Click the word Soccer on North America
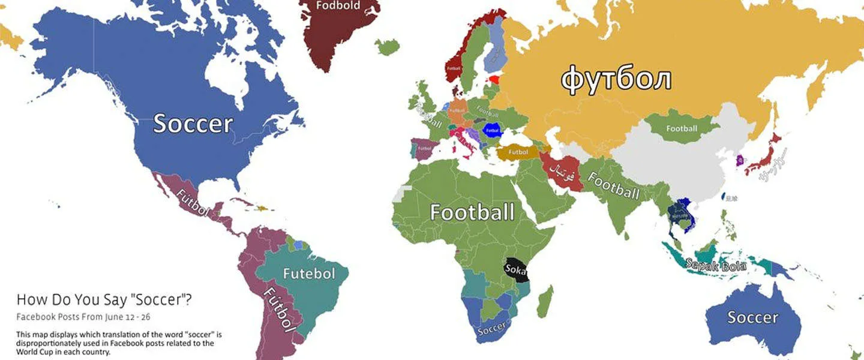(x=193, y=123)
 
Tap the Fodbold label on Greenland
(x=338, y=5)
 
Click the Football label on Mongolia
(x=682, y=128)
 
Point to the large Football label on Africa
(x=472, y=212)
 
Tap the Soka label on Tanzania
(x=515, y=269)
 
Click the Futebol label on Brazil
(x=308, y=274)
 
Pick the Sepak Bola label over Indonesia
(x=715, y=264)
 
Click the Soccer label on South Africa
(x=493, y=328)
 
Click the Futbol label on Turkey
(x=518, y=152)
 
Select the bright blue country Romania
(x=493, y=130)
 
